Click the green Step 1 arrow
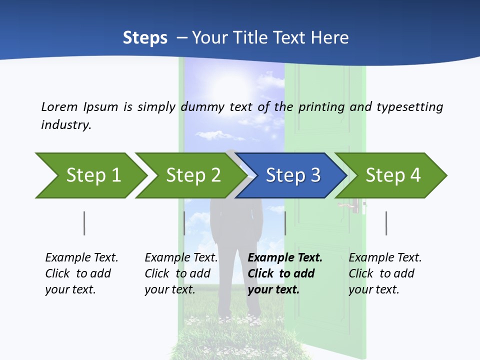pos(92,175)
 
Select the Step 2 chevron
pos(192,175)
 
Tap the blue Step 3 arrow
pos(292,175)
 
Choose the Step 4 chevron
pos(392,175)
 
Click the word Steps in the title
pos(145,38)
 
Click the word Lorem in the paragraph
pos(59,106)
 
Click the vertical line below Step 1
pos(84,223)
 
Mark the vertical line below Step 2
pos(184,223)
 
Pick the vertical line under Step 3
pos(285,223)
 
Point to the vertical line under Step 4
pos(386,223)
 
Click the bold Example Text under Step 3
pos(285,258)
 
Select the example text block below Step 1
pos(81,273)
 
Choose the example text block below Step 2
pos(181,273)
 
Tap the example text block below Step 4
pos(385,273)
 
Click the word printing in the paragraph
pos(320,106)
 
